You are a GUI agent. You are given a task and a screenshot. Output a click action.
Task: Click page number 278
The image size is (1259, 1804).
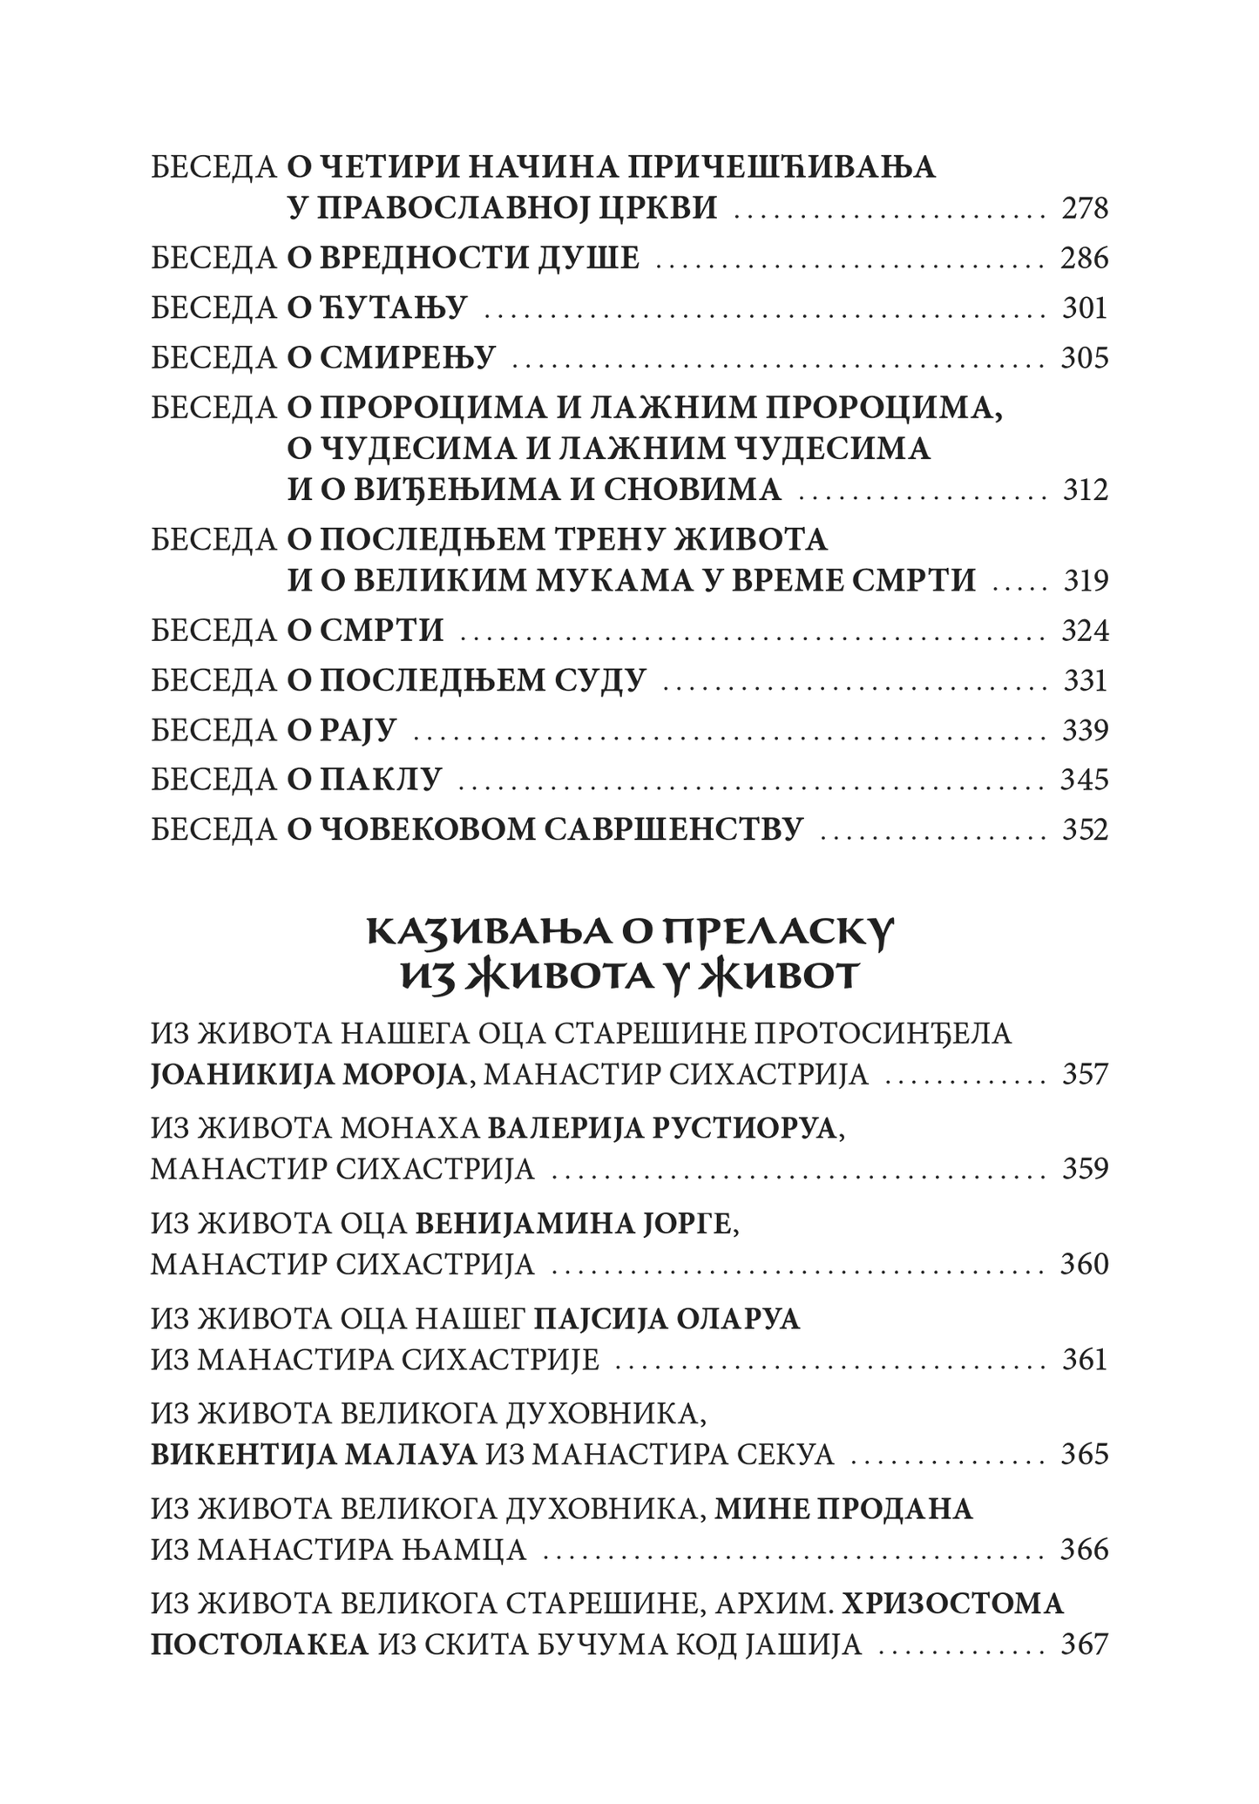pos(1085,209)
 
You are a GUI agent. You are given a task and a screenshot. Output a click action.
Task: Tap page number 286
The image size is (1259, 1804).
pos(1084,259)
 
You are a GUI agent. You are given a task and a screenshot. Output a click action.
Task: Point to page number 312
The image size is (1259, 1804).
pos(1085,490)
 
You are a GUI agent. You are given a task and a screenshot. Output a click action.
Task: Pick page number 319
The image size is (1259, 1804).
pos(1085,581)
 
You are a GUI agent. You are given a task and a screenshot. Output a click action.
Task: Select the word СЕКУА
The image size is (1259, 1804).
pos(787,1454)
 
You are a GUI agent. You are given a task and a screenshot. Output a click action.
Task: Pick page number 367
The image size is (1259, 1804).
pos(1085,1645)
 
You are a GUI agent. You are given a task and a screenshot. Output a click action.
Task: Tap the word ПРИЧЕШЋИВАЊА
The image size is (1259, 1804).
pos(782,166)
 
